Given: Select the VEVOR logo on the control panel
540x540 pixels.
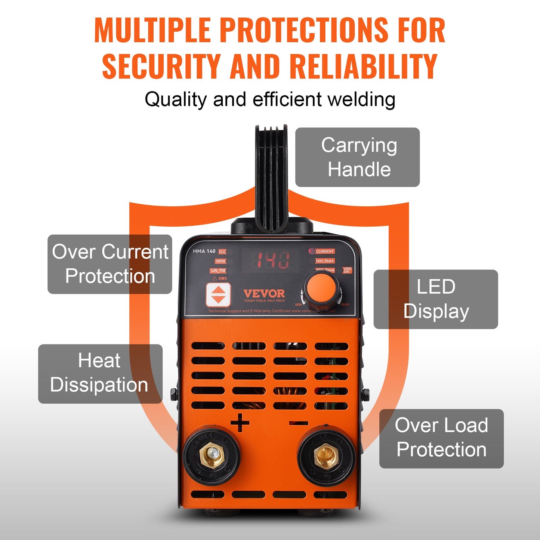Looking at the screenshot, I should (x=264, y=294).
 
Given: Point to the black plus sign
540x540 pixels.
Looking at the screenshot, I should (x=240, y=423).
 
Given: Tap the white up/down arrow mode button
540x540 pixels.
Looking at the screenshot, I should (x=218, y=294).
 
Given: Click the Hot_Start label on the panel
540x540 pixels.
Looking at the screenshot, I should (x=324, y=261).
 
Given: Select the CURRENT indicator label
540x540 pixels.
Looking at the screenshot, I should (x=324, y=252).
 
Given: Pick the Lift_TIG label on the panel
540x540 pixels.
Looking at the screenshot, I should (x=218, y=271).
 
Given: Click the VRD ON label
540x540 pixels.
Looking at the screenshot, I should (x=347, y=270).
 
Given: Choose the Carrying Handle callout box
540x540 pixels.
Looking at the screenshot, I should (x=357, y=157).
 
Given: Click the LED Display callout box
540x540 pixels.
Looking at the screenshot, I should (x=436, y=299).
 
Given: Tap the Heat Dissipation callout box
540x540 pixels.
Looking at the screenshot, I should (x=100, y=374).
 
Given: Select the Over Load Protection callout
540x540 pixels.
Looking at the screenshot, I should (x=441, y=438).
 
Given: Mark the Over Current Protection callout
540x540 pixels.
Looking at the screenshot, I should (x=109, y=264).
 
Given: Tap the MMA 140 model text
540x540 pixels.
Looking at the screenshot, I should (x=204, y=251).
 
